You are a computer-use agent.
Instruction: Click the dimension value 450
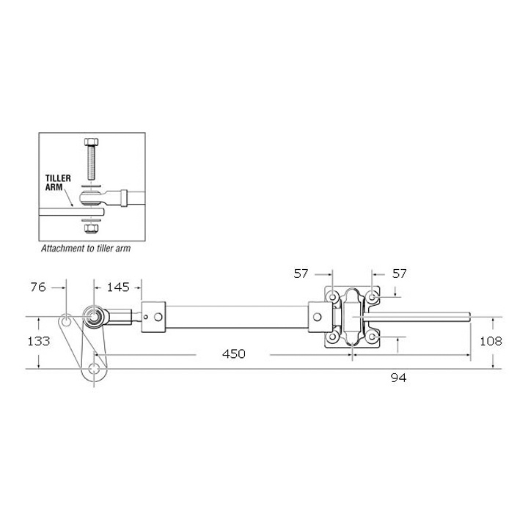coord(233,354)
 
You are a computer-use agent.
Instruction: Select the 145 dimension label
coord(118,287)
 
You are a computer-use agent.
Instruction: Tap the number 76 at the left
coord(39,287)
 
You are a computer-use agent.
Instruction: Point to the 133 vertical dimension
coord(39,341)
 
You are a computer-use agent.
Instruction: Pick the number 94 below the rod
coord(399,378)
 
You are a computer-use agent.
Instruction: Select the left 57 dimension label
coord(301,274)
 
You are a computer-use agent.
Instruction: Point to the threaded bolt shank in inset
coord(92,165)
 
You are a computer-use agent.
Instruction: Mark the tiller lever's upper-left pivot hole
coord(67,321)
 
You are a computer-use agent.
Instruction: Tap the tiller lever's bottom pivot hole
coord(95,368)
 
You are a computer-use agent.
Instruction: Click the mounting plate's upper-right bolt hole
coord(373,297)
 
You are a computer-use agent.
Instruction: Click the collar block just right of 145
coord(153,317)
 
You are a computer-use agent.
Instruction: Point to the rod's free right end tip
coord(467,317)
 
